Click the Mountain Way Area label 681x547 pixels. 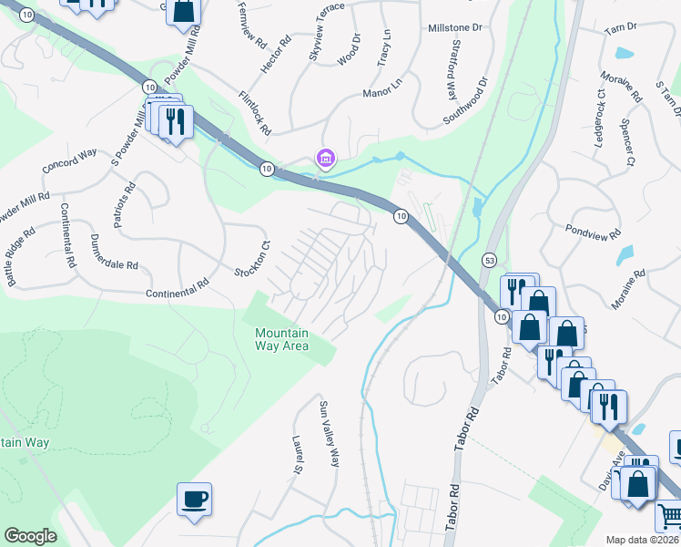tap(281, 339)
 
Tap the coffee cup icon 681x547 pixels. tap(194, 500)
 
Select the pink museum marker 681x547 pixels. tap(325, 159)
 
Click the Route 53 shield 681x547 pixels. tap(489, 260)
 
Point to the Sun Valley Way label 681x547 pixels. tap(328, 432)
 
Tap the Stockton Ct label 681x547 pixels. tap(254, 259)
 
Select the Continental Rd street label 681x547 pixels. tap(178, 294)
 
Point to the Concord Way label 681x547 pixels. tap(69, 161)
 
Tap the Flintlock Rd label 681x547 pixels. tap(255, 113)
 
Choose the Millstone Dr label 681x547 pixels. tap(454, 28)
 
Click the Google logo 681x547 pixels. tap(30, 536)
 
